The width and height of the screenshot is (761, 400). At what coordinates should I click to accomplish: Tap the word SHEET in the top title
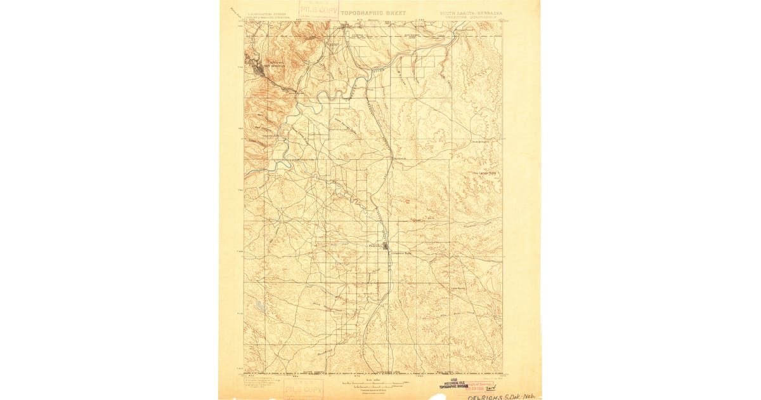coord(396,12)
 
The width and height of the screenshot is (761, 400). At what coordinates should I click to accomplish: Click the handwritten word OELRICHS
coord(485,396)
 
